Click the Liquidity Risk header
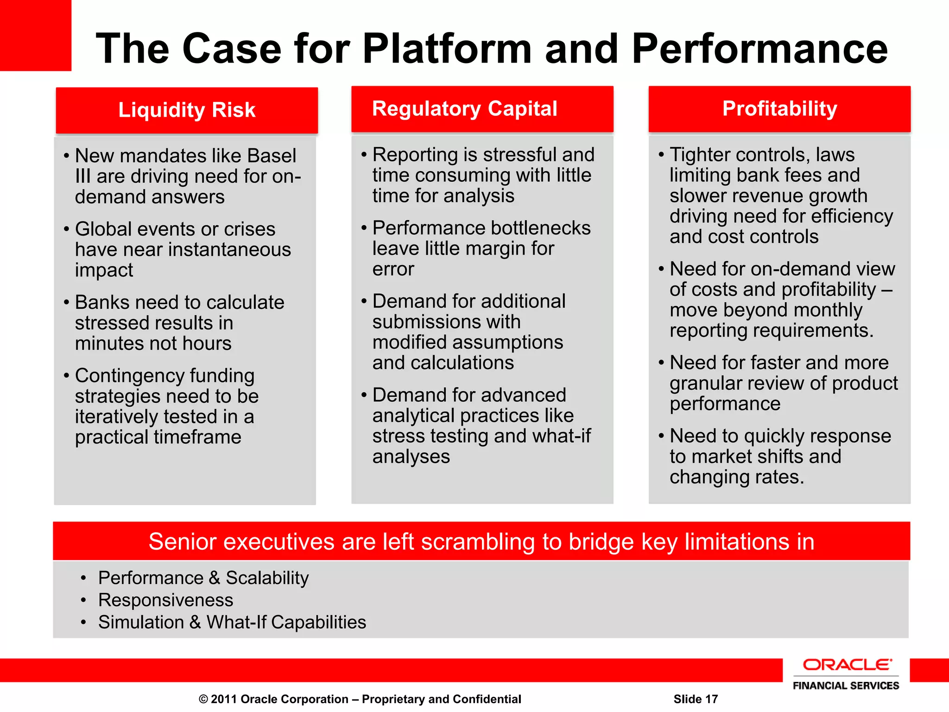tap(187, 110)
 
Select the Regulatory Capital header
tap(464, 109)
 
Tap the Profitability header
tap(779, 109)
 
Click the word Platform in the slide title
tap(447, 49)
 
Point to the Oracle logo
tap(846, 665)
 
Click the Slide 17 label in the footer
tap(695, 699)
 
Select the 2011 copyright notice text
tap(360, 699)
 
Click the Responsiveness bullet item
tap(165, 600)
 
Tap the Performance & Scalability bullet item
tap(203, 578)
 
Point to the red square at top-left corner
tap(35, 35)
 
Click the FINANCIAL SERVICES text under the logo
tap(846, 686)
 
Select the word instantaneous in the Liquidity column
tap(229, 250)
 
